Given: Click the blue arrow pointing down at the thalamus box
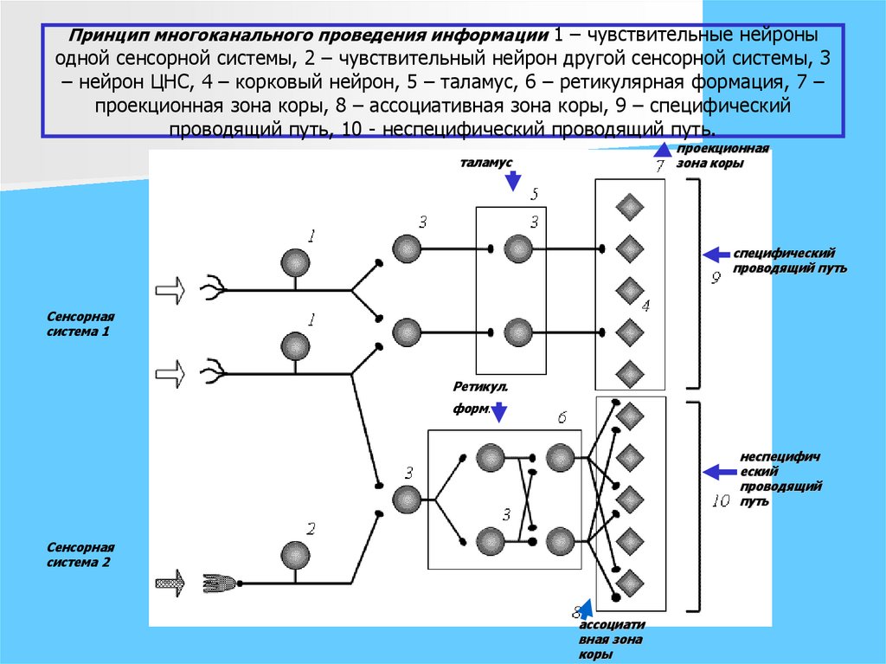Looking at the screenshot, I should coord(512,181).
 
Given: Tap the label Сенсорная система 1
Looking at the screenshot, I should coord(80,325).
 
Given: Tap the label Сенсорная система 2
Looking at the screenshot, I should coord(80,555).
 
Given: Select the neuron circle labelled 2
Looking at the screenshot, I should coord(297,554).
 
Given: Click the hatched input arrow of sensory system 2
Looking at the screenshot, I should coord(170,583).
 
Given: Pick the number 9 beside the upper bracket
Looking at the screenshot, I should coord(716,279).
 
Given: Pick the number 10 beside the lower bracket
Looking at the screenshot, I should coord(720,500).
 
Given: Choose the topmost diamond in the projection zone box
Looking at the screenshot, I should coord(629,208).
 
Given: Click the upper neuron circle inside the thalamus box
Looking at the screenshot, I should coord(517,249).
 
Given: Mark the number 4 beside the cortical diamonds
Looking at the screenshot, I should coord(645,306).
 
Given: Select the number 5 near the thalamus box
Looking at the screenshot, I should coord(534,194).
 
